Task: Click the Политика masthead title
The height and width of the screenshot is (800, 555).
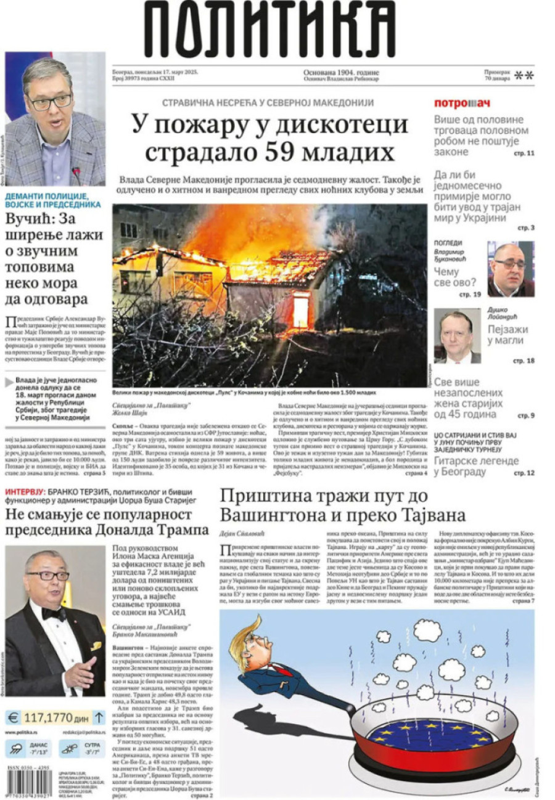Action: [271, 31]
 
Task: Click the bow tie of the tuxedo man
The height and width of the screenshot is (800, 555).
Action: [54, 613]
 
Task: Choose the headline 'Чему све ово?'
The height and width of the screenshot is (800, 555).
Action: [455, 277]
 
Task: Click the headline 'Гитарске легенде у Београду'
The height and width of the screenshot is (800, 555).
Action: [476, 467]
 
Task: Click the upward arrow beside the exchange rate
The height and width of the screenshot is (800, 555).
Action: [99, 717]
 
